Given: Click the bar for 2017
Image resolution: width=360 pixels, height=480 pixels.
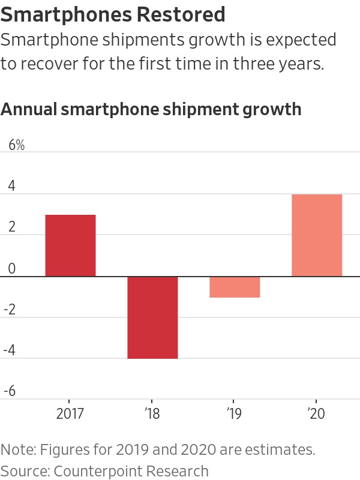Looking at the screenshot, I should click(x=70, y=245).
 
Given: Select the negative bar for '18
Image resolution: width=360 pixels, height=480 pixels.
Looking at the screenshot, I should click(x=152, y=317).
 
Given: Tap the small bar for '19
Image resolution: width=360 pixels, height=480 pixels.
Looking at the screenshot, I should click(x=235, y=287).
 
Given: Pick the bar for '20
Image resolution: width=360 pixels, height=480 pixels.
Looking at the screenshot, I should click(x=317, y=235).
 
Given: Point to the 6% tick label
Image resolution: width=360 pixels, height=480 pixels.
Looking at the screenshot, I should click(x=16, y=145).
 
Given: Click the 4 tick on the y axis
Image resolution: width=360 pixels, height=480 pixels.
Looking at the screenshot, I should click(x=11, y=187).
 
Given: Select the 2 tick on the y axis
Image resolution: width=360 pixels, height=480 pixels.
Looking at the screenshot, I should click(x=11, y=227).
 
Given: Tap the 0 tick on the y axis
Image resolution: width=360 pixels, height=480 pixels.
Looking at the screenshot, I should click(x=11, y=269).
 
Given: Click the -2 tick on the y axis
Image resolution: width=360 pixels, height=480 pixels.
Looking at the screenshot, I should click(x=11, y=310).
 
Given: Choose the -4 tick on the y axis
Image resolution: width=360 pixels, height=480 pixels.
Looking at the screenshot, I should click(x=11, y=350).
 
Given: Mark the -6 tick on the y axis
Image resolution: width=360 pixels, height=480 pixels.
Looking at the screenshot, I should click(x=11, y=392).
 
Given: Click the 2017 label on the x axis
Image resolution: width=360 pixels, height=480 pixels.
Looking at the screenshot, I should click(x=70, y=414).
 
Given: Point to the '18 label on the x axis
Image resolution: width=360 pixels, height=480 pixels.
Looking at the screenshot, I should click(x=152, y=414).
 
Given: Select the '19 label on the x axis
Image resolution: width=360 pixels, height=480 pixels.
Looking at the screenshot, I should click(x=235, y=414).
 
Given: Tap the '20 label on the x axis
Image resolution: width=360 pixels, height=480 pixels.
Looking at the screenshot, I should click(x=317, y=414).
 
